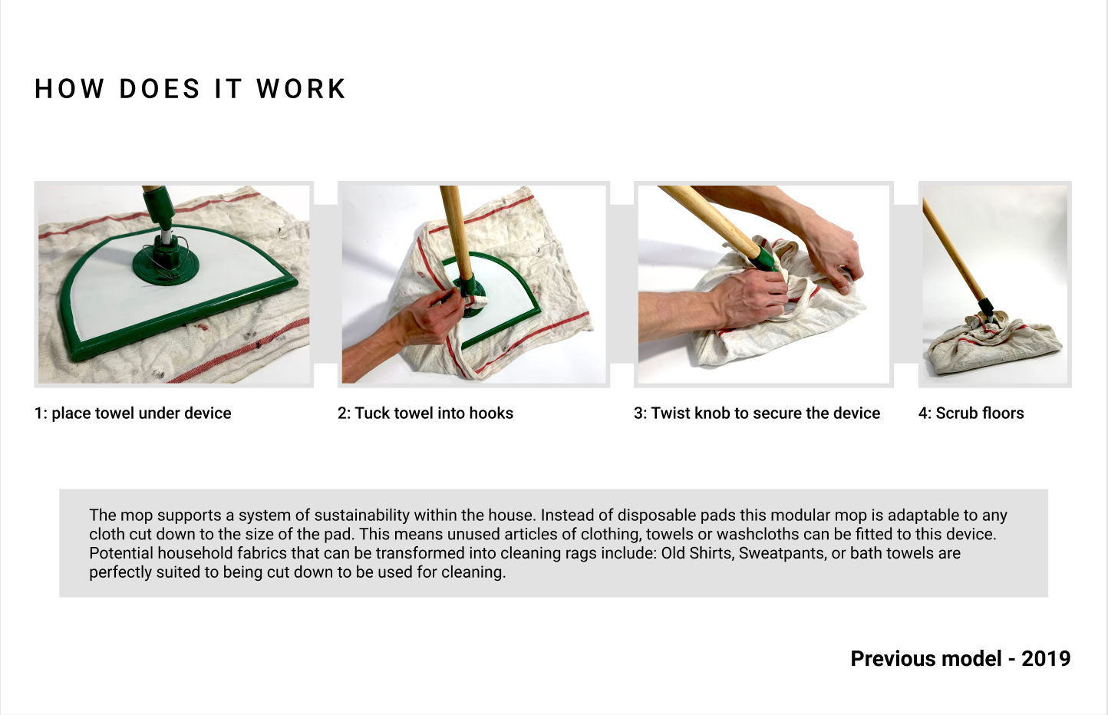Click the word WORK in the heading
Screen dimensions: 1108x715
click(x=301, y=89)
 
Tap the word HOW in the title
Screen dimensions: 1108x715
click(x=69, y=89)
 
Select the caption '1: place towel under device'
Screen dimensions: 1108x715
click(x=133, y=413)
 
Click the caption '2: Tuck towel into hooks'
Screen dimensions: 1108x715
click(x=425, y=413)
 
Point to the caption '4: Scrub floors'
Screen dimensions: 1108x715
click(x=971, y=413)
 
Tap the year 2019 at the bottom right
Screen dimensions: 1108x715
click(x=1046, y=659)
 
